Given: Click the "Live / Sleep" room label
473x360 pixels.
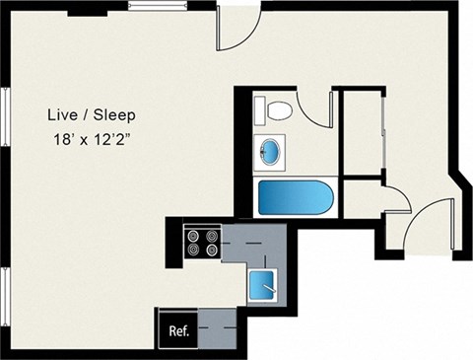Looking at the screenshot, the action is click(92, 115).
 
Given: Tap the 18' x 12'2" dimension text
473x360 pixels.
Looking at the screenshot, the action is click(91, 140).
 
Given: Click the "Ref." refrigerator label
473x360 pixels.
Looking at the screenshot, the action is click(179, 330).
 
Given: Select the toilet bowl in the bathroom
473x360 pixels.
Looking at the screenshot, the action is click(279, 110).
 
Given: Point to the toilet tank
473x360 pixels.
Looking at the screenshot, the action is click(260, 110).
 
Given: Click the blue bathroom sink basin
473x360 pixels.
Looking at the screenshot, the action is click(270, 152).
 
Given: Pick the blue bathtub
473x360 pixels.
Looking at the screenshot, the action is click(296, 197).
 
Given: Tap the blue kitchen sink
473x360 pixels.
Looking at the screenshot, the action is click(261, 284).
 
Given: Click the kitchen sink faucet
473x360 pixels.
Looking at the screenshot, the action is click(269, 288).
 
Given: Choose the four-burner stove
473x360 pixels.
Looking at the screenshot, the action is click(203, 242).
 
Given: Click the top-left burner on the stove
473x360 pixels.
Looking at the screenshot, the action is click(193, 236).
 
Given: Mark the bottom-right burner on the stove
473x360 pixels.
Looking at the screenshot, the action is click(213, 250).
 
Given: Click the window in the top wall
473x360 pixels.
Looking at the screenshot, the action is click(158, 6).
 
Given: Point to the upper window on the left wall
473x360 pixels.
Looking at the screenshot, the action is click(6, 116).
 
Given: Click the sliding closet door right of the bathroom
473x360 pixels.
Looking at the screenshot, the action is click(383, 131).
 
